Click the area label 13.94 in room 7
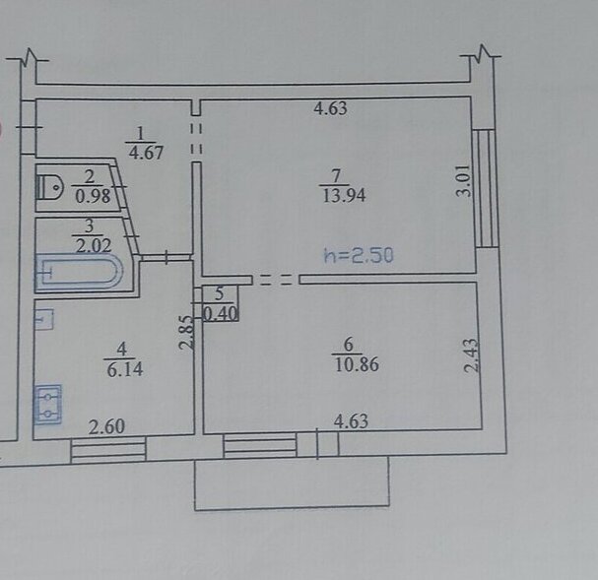(x=344, y=196)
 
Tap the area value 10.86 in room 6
(x=357, y=364)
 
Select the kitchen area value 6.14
(x=125, y=369)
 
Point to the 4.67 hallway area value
(x=146, y=153)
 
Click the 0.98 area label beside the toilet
(x=93, y=196)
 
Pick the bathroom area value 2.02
(x=93, y=245)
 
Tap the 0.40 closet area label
(x=220, y=313)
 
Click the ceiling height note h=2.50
(x=359, y=256)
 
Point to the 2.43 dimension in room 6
(x=471, y=355)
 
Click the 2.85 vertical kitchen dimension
(x=186, y=332)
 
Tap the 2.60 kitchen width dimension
(x=106, y=426)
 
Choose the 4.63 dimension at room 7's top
(x=330, y=108)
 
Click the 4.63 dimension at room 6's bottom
(x=351, y=421)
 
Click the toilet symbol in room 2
(x=49, y=187)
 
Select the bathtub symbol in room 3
(x=80, y=273)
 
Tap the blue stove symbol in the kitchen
(x=48, y=404)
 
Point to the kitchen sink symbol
(x=44, y=319)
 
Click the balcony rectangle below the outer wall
(x=293, y=483)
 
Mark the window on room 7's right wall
(x=486, y=188)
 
